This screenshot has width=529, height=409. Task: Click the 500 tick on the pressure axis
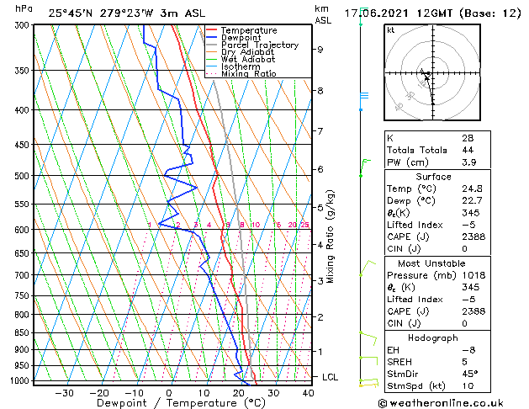(x=21, y=176)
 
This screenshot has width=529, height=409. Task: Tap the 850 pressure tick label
(x=21, y=333)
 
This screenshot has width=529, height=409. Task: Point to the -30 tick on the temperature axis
(x=64, y=393)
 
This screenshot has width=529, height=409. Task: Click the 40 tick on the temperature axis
(x=309, y=393)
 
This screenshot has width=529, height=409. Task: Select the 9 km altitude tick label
(x=320, y=50)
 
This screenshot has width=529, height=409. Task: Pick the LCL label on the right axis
(x=330, y=377)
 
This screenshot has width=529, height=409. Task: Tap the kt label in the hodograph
(x=390, y=29)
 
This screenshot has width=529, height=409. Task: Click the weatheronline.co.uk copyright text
(x=452, y=403)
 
